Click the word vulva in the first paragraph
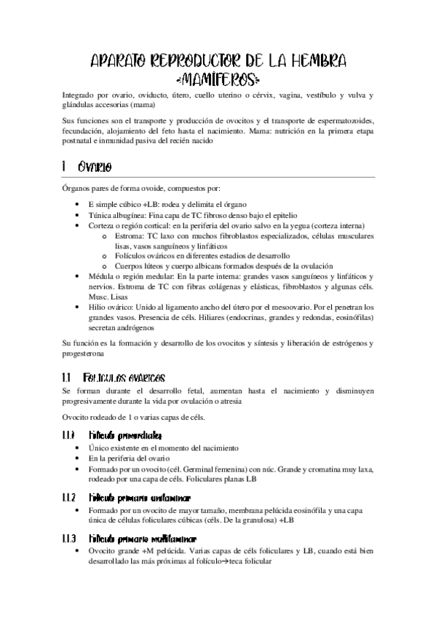pyautogui.click(x=362, y=95)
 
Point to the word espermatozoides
pyautogui.click(x=336, y=118)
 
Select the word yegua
pyautogui.click(x=274, y=227)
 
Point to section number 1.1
pyautogui.click(x=66, y=378)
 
